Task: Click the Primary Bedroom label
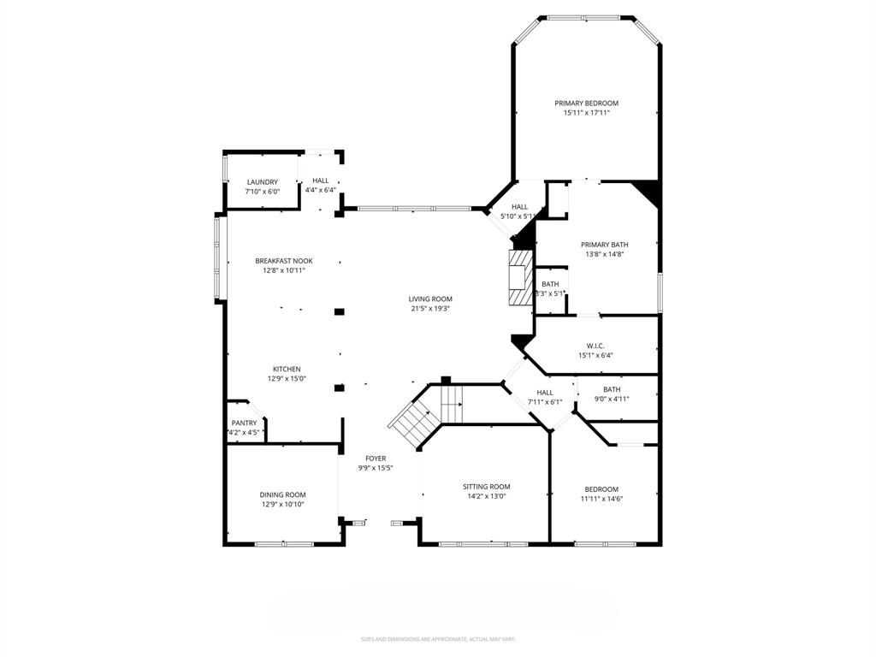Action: click(586, 103)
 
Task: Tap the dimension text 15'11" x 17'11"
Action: click(586, 113)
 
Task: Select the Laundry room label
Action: click(262, 182)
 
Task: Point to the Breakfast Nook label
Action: click(284, 261)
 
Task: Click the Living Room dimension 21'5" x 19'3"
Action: click(430, 309)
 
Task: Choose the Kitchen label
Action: click(287, 369)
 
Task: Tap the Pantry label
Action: click(244, 423)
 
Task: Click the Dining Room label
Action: click(283, 494)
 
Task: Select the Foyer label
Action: click(376, 459)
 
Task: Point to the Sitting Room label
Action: click(487, 486)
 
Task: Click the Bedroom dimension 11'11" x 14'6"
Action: click(601, 499)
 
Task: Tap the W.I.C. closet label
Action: click(595, 346)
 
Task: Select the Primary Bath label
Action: click(605, 244)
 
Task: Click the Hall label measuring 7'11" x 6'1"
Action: click(544, 392)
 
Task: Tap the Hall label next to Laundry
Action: click(320, 181)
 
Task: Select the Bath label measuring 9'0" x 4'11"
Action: click(612, 389)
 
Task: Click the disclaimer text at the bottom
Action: click(437, 639)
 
